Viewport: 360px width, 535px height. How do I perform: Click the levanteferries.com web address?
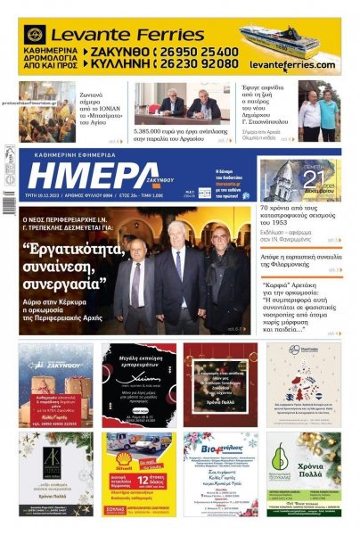pos(292,65)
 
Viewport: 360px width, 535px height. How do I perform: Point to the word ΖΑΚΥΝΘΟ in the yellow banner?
pos(124,52)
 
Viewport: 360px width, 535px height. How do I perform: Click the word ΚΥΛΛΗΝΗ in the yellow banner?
pos(124,64)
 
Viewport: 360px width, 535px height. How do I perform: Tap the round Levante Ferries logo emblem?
pos(35,35)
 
